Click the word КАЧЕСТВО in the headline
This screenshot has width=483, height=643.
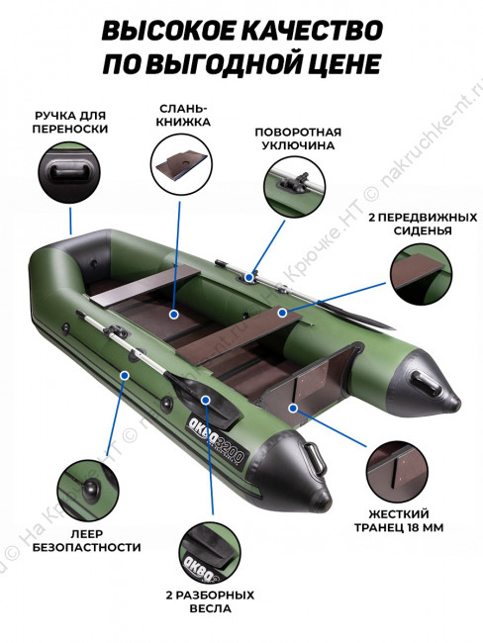pyautogui.click(x=310, y=30)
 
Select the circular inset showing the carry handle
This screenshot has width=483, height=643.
pyautogui.click(x=69, y=173)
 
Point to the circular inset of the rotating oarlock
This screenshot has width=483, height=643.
pyautogui.click(x=294, y=187)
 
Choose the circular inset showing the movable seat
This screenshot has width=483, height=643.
pyautogui.click(x=421, y=273)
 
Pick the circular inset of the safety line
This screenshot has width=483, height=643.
pyautogui.click(x=88, y=491)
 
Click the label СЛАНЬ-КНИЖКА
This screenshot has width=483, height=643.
pyautogui.click(x=183, y=115)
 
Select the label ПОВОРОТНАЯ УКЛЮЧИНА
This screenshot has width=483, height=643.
pyautogui.click(x=298, y=138)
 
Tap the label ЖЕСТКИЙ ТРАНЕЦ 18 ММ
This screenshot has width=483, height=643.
pyautogui.click(x=399, y=520)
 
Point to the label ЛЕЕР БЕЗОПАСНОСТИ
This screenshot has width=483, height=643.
pyautogui.click(x=86, y=540)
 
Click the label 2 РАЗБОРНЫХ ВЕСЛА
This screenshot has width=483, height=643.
pyautogui.click(x=210, y=601)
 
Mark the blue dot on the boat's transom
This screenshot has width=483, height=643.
pyautogui.click(x=293, y=408)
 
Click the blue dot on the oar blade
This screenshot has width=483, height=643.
pyautogui.click(x=206, y=400)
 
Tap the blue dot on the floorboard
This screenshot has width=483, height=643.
pyautogui.click(x=174, y=315)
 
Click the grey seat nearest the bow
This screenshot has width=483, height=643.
pyautogui.click(x=145, y=284)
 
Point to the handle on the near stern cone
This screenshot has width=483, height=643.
pyautogui.click(x=315, y=457)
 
